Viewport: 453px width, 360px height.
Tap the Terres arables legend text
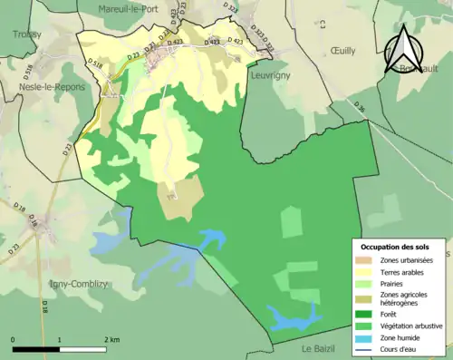pos(404,271)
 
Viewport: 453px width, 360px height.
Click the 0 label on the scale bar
pos(14,339)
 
